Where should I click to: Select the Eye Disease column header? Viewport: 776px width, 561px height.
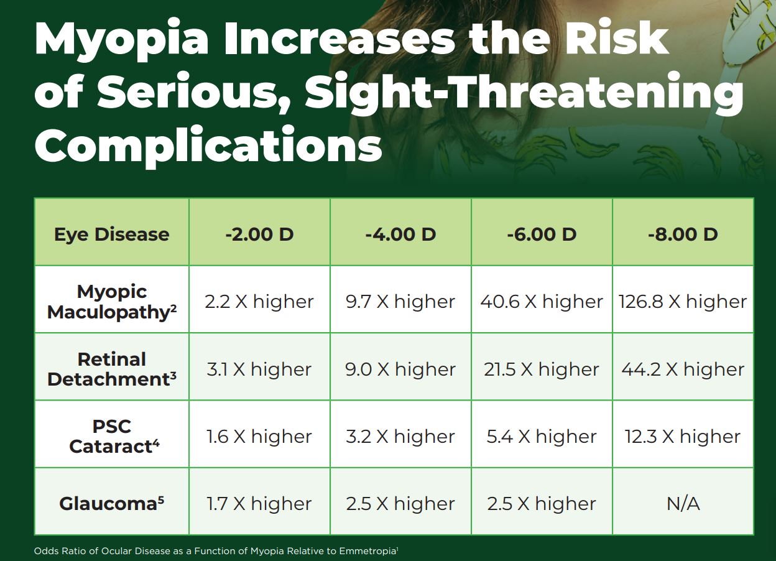[112, 234]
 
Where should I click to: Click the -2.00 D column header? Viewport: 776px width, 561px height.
[259, 234]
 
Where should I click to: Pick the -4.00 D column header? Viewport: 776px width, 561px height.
[400, 234]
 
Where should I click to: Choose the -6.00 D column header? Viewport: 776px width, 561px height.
[542, 234]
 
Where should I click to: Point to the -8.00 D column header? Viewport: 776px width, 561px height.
[683, 234]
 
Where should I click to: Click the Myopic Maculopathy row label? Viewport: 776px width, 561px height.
[112, 302]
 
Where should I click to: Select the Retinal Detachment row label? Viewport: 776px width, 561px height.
[112, 369]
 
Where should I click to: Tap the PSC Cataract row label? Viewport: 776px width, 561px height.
[112, 436]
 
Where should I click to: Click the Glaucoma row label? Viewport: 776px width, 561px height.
[112, 503]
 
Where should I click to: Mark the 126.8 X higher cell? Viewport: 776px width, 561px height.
[683, 302]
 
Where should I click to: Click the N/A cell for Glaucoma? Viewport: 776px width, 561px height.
[683, 504]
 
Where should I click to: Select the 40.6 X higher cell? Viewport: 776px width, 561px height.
[542, 302]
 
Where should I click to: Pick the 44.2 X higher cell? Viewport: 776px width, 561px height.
[683, 369]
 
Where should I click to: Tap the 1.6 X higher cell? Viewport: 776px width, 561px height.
[259, 437]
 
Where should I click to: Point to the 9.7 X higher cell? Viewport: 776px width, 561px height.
[400, 302]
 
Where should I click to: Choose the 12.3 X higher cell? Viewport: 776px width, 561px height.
[683, 437]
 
